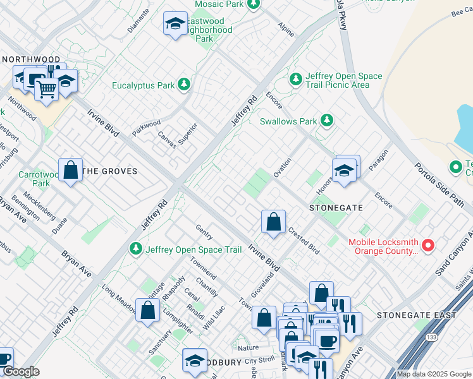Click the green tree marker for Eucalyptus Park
[x=184, y=85]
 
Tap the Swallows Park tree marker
[x=326, y=120]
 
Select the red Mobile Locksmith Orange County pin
[x=428, y=244]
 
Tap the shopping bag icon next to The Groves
[x=71, y=170]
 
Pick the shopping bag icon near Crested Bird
[x=273, y=222]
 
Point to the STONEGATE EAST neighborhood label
[x=416, y=315]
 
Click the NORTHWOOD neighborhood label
[x=31, y=59]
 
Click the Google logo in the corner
[x=21, y=372]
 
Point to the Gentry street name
[x=203, y=231]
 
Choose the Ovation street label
[x=283, y=168]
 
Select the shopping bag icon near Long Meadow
[x=147, y=310]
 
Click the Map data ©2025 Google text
[x=434, y=374]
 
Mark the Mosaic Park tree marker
[x=253, y=4]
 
